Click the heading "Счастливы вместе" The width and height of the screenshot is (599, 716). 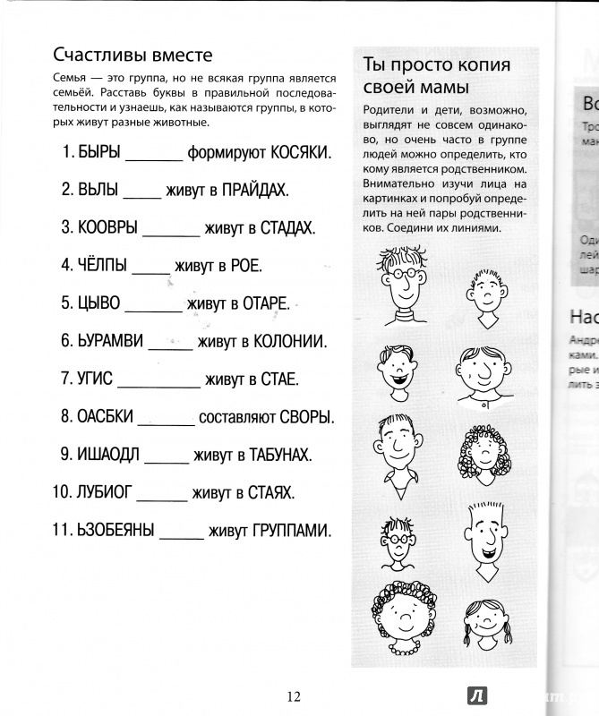pyautogui.click(x=132, y=55)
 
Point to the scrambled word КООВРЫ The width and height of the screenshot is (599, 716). pyautogui.click(x=107, y=227)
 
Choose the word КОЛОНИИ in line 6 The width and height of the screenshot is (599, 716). pyautogui.click(x=290, y=341)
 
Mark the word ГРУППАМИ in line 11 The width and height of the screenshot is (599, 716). pyautogui.click(x=290, y=530)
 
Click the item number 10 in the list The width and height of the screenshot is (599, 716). pyautogui.click(x=62, y=492)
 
